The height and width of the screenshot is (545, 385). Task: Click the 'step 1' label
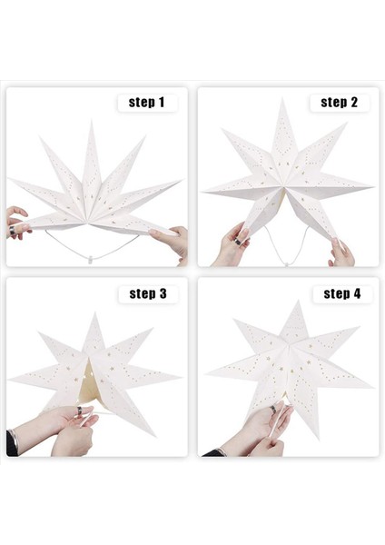147,103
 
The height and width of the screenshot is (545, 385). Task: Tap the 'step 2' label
339,103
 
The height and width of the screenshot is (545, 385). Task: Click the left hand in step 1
16,222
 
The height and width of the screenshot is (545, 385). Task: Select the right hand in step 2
341,252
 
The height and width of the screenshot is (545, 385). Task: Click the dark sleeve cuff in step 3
12,443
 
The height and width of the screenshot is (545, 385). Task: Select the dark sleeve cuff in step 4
211,451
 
